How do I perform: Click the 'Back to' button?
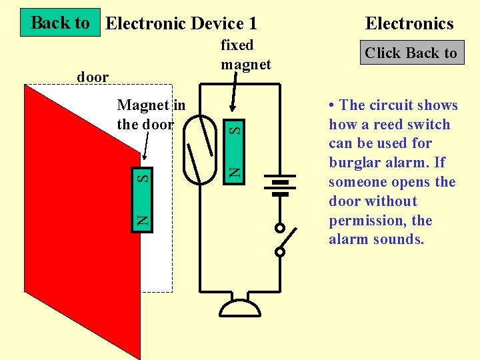tap(60, 23)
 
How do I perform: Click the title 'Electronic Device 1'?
tap(181, 24)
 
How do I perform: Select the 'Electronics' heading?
tap(409, 24)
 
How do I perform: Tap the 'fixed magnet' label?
tap(245, 55)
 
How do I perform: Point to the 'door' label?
tap(93, 77)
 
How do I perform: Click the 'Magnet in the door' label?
tap(151, 114)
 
